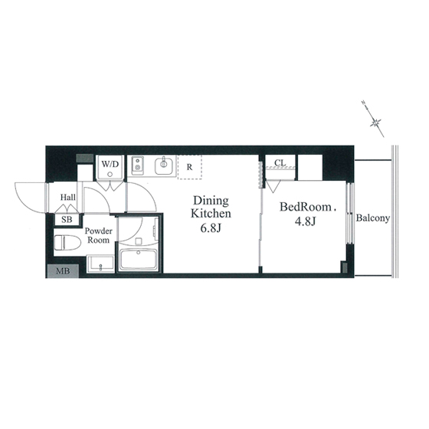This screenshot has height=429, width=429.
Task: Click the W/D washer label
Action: tap(110, 164)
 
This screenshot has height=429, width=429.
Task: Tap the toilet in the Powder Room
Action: tap(67, 243)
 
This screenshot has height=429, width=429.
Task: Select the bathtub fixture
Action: tap(139, 260)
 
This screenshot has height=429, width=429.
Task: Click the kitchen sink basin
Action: tap(164, 165)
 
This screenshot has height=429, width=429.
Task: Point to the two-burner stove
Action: tap(137, 165)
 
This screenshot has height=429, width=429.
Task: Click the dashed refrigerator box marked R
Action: tap(190, 167)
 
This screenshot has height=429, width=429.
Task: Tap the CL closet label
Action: tap(280, 162)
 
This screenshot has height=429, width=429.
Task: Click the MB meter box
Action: tap(63, 271)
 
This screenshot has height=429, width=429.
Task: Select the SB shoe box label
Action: tap(67, 219)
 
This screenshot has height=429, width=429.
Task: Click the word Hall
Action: tap(68, 197)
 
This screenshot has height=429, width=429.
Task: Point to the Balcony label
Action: tap(372, 218)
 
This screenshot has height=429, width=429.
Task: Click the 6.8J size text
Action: tap(211, 228)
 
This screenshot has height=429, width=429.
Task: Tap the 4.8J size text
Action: tap(306, 221)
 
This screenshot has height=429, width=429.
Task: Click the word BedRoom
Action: tap(306, 207)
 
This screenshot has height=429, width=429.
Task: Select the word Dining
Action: tap(211, 201)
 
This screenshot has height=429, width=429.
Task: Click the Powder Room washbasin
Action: tap(100, 264)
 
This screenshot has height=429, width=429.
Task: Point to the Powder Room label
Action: tap(98, 235)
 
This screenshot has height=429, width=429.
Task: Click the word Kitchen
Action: tap(211, 214)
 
